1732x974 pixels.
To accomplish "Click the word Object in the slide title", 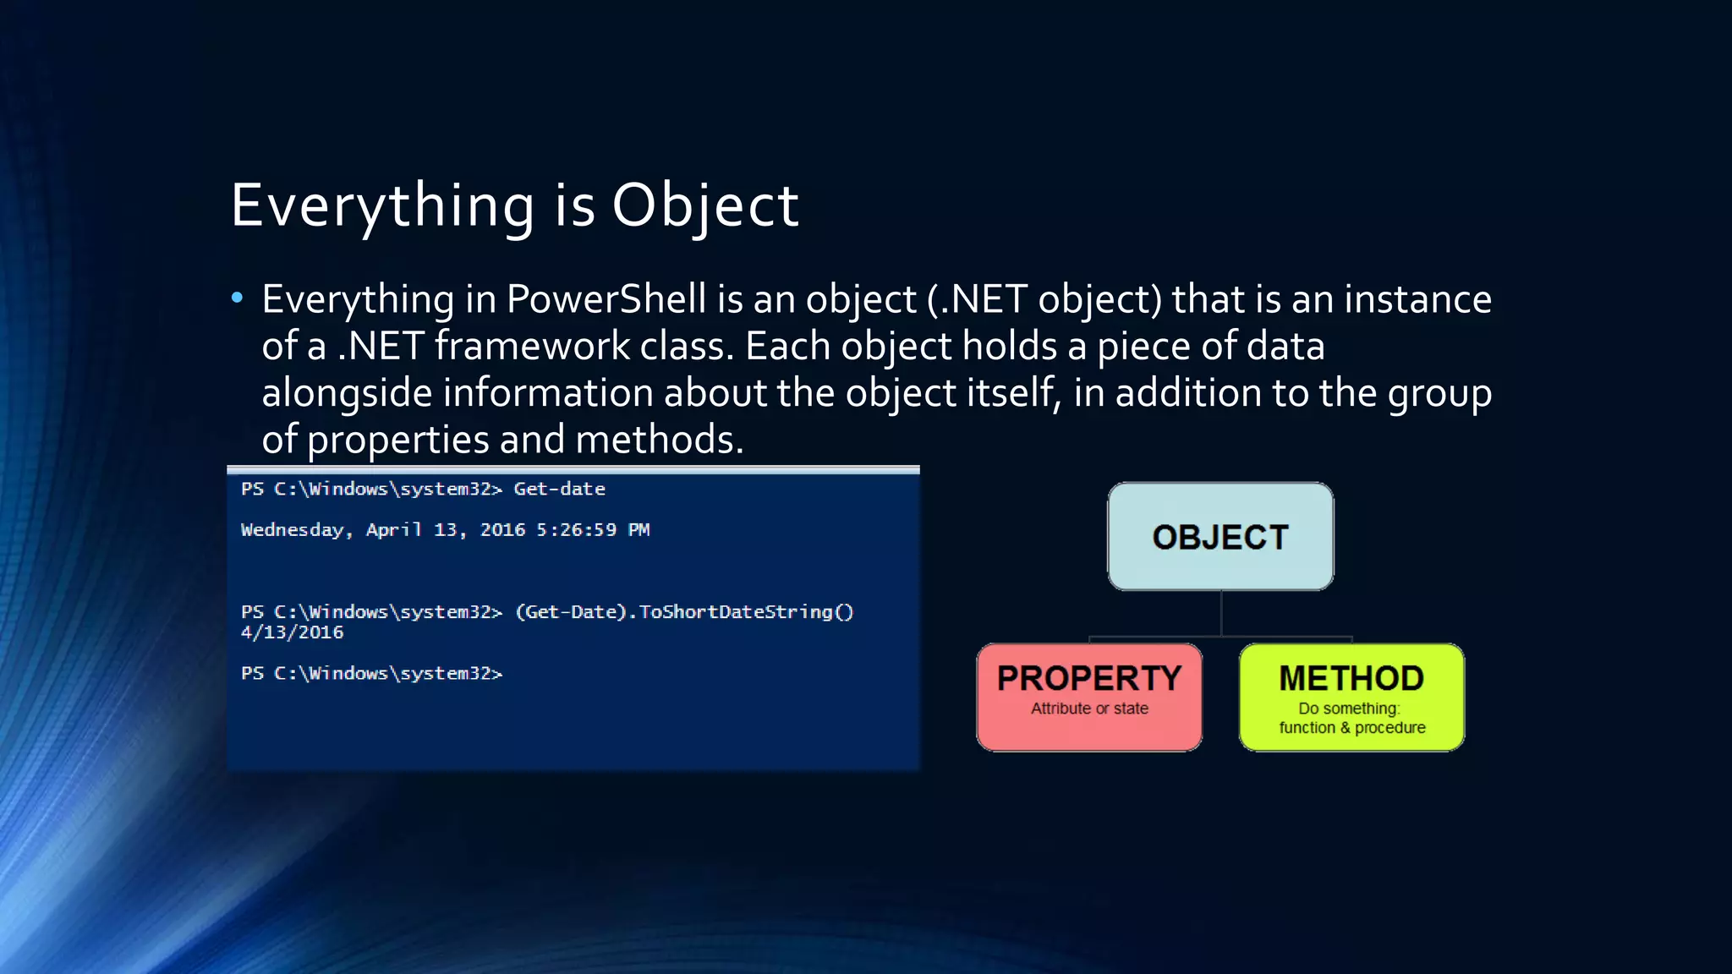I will (x=704, y=205).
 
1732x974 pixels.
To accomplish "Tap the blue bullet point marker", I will (x=237, y=298).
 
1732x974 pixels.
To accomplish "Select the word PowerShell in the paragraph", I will (x=606, y=299).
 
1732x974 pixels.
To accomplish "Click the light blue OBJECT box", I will (x=1220, y=537).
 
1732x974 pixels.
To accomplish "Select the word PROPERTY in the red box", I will (x=1089, y=678).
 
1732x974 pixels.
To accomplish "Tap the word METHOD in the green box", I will (x=1351, y=678).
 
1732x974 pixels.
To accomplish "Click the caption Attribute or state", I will (x=1089, y=709).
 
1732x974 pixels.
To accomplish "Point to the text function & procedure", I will (x=1351, y=728).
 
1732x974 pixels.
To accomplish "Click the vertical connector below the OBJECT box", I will (x=1221, y=613).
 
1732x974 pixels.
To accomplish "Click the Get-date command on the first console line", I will (x=559, y=489).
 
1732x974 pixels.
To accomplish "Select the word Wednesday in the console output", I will (x=293, y=530).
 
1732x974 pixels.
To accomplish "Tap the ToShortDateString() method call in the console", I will (x=746, y=612).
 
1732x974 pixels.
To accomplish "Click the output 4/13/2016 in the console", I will (x=292, y=632).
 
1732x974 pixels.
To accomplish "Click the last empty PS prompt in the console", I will (x=371, y=673).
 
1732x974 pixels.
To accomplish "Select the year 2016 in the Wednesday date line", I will (x=502, y=530).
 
